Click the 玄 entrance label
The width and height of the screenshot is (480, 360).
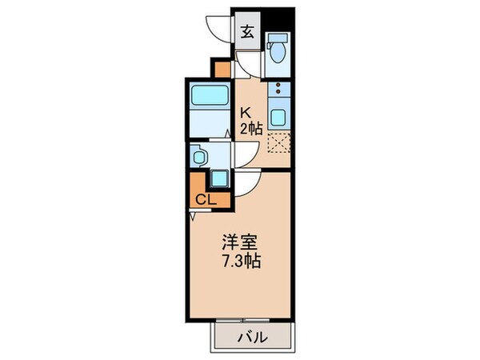248,33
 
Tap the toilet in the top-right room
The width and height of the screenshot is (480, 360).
277,50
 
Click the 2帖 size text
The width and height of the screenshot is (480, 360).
250,129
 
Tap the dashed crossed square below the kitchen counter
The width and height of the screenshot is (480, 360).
277,144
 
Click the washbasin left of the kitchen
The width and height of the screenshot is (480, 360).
199,155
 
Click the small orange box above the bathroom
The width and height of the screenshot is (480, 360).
220,68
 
